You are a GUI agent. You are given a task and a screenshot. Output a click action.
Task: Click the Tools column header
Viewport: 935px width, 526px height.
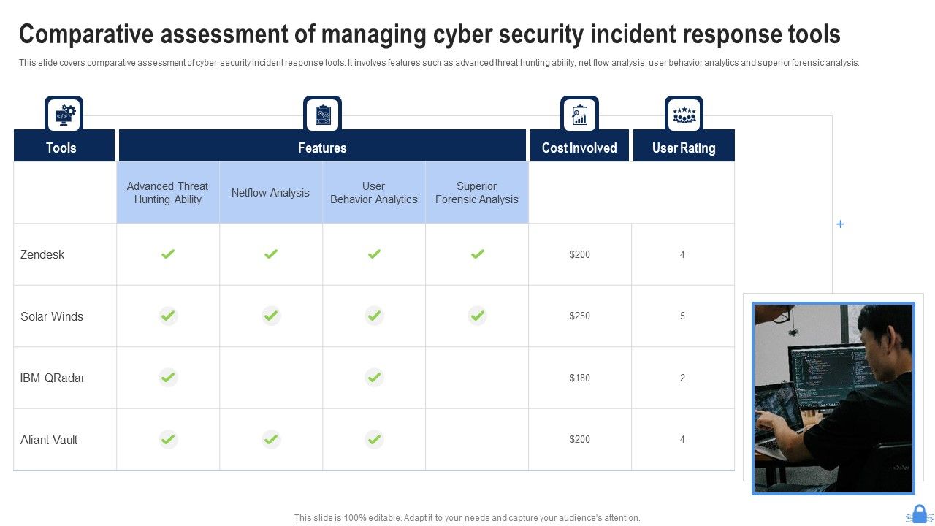[61, 148]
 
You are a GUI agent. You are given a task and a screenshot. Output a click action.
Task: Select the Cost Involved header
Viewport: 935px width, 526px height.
[579, 148]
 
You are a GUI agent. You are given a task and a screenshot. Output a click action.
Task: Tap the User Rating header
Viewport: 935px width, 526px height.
[683, 148]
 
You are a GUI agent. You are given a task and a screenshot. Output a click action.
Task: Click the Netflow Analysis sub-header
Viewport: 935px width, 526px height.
[270, 193]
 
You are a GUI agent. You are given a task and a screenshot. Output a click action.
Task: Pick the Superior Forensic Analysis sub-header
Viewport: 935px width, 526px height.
[476, 193]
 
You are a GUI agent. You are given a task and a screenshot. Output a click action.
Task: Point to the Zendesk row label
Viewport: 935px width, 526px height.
[42, 254]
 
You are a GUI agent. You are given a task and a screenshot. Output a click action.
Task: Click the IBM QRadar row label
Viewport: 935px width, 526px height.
[53, 378]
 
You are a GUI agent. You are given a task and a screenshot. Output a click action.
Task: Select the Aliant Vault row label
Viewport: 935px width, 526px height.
[49, 440]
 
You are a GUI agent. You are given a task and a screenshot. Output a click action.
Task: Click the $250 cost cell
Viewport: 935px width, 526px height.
[579, 316]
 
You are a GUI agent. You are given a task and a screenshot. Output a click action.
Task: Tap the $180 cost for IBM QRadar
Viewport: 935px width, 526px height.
[579, 378]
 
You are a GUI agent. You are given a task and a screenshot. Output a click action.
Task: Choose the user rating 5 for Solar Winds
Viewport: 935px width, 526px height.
[682, 316]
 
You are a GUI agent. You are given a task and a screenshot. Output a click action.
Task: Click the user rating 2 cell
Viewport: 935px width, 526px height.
[682, 378]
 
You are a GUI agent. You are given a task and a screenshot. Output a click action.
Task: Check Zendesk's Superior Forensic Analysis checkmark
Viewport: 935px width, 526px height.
[477, 254]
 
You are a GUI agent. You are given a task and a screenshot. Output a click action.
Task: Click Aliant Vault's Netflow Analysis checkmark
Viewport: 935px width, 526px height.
[271, 439]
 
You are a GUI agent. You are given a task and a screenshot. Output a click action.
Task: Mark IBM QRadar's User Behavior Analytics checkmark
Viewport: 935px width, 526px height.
[374, 378]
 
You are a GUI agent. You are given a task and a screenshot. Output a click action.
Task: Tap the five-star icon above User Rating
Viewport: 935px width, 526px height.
[684, 115]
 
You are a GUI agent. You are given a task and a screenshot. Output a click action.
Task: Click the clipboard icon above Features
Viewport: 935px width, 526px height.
[322, 115]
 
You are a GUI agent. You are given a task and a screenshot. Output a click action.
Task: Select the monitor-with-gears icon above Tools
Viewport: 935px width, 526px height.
[64, 115]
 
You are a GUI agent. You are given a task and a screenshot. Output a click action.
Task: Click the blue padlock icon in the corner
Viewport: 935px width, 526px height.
[919, 514]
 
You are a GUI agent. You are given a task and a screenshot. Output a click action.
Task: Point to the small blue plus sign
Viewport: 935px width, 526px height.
[840, 224]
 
